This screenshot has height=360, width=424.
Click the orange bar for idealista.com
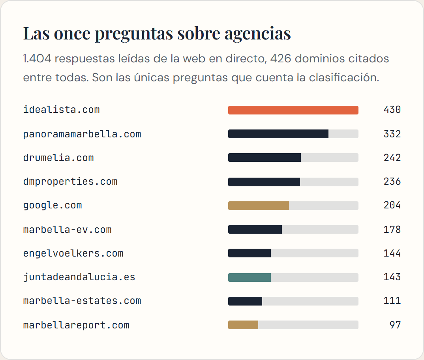(293, 110)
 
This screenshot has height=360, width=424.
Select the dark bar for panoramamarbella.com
(278, 134)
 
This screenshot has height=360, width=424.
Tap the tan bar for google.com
(259, 206)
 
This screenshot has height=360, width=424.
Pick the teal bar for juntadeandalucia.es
(250, 277)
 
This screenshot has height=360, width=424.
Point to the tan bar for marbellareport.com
(243, 325)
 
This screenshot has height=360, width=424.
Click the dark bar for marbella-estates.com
(245, 301)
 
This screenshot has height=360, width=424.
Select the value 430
(392, 110)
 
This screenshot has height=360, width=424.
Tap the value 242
(392, 157)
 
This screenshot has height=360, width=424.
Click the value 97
(395, 325)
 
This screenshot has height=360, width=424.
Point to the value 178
(392, 229)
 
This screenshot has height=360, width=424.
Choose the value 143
(392, 277)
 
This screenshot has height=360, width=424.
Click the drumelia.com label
(58, 157)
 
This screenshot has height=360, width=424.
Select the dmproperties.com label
(70, 182)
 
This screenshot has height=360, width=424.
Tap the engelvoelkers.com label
(73, 253)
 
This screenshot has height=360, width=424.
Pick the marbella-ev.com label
(68, 230)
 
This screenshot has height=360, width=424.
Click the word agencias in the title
(258, 34)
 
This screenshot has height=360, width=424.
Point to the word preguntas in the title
(134, 34)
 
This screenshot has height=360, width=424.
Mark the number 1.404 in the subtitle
(38, 58)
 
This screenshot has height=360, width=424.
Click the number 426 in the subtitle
(281, 58)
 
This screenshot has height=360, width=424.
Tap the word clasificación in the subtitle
(344, 78)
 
